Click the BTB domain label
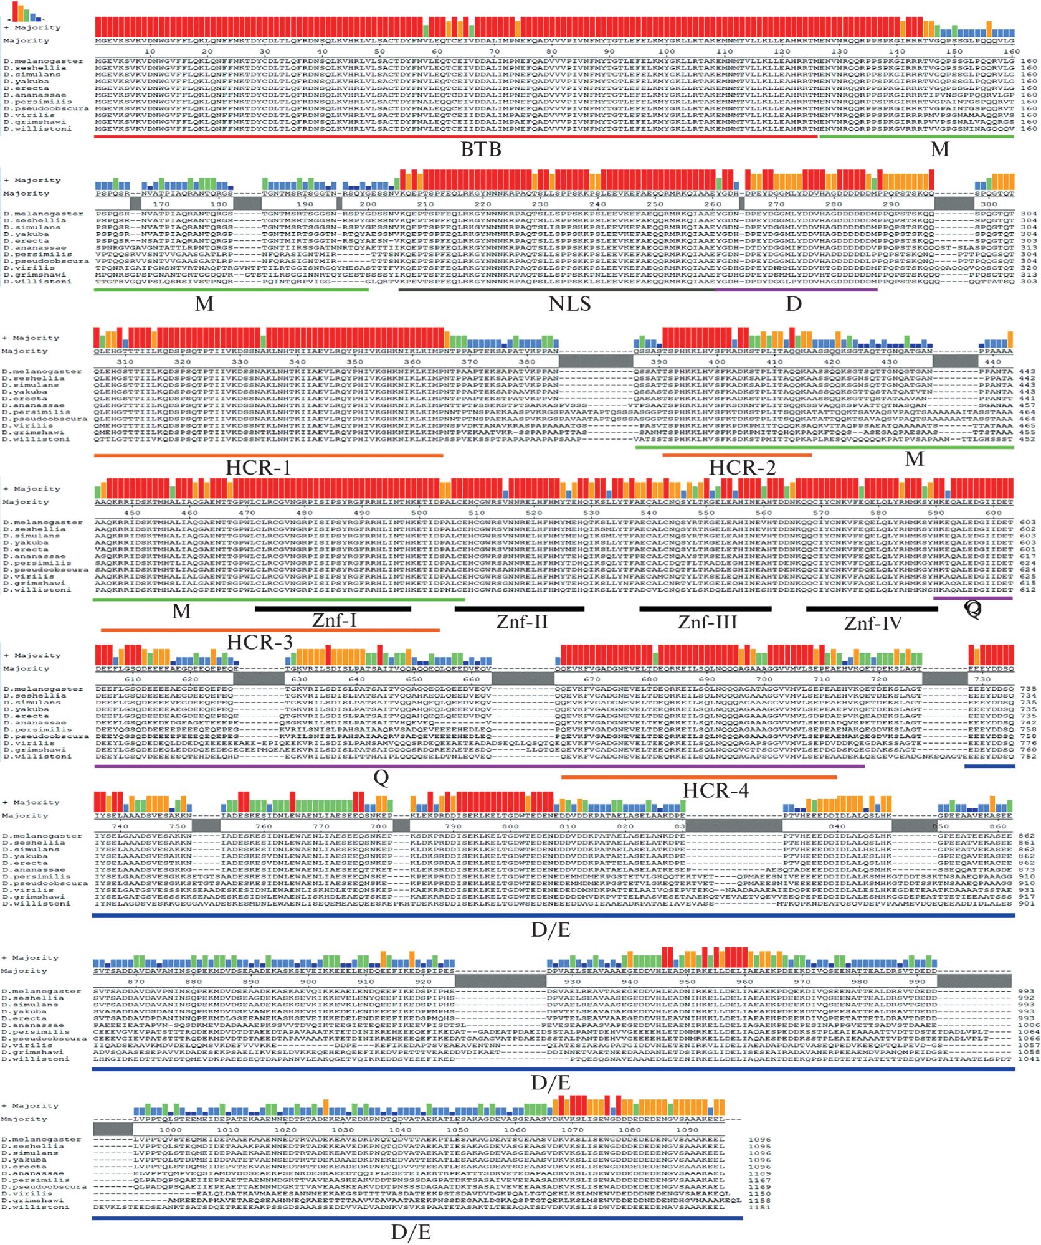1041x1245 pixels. pyautogui.click(x=480, y=149)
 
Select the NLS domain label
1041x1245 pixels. pyautogui.click(x=569, y=304)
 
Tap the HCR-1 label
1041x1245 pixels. pyautogui.click(x=258, y=468)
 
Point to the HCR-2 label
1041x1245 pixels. pyautogui.click(x=742, y=468)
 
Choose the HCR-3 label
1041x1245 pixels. pyautogui.click(x=259, y=642)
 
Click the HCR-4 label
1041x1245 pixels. pyautogui.click(x=715, y=790)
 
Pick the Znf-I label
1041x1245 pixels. pyautogui.click(x=334, y=620)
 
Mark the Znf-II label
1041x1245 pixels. pyautogui.click(x=522, y=621)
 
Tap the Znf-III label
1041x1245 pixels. pyautogui.click(x=707, y=622)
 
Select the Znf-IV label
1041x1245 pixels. pyautogui.click(x=873, y=623)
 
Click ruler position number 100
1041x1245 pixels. pyautogui.click(x=666, y=52)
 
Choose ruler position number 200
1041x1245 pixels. pyautogui.click(x=368, y=204)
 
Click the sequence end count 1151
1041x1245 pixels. pyautogui.click(x=759, y=1207)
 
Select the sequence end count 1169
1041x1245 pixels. pyautogui.click(x=759, y=1186)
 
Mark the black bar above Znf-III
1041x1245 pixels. pyautogui.click(x=705, y=608)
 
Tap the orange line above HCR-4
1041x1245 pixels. pyautogui.click(x=698, y=777)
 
